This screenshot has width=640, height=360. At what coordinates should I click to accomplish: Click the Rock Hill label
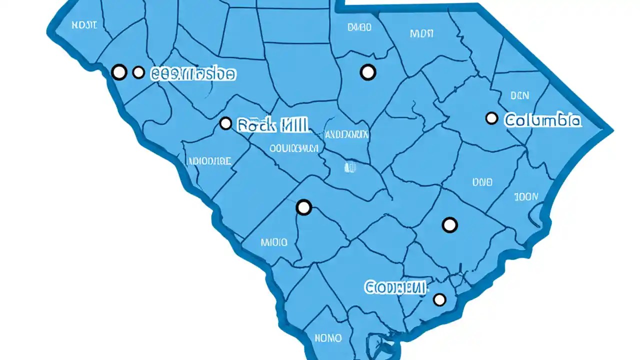(272, 124)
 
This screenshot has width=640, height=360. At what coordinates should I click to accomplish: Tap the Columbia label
(542, 120)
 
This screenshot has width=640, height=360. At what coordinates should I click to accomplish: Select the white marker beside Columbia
(491, 118)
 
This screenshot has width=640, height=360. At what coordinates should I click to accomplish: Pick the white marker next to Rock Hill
(225, 123)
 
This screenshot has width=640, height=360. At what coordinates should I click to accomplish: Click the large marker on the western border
(119, 72)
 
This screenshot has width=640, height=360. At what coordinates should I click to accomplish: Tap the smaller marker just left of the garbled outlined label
(138, 73)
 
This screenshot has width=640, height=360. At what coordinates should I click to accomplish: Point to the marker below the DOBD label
(368, 72)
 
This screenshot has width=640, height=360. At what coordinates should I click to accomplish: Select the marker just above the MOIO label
(304, 207)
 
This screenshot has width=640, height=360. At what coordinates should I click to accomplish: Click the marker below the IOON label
(450, 225)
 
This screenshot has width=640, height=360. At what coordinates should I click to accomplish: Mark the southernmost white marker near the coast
(439, 299)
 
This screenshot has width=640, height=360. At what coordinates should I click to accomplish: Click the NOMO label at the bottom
(328, 338)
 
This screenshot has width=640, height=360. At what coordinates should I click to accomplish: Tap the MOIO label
(274, 242)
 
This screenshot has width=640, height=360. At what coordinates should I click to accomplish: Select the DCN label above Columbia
(520, 95)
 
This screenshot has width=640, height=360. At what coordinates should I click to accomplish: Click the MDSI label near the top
(421, 33)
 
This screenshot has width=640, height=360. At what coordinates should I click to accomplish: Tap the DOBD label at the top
(359, 27)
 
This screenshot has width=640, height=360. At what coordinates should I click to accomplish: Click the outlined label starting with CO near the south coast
(396, 287)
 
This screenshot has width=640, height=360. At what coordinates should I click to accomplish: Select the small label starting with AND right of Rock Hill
(346, 134)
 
